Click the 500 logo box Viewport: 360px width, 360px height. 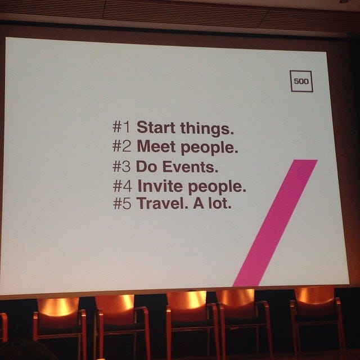click(x=301, y=81)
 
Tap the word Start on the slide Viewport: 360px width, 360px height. click(x=156, y=127)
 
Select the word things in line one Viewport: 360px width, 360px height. click(x=207, y=128)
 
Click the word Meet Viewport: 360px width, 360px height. click(x=156, y=146)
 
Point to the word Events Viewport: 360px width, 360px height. click(x=191, y=166)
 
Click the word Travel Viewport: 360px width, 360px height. click(x=162, y=203)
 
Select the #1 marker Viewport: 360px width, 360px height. click(x=121, y=127)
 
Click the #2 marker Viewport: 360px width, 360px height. click(x=121, y=146)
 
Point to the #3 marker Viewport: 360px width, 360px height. click(x=121, y=166)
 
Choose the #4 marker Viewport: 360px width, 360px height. click(x=123, y=186)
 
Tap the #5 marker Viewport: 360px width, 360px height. click(x=122, y=203)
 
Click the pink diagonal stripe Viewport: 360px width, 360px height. click(x=275, y=223)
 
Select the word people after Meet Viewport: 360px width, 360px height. click(x=209, y=147)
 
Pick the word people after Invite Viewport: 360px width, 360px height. click(x=217, y=187)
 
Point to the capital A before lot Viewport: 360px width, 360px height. click(x=199, y=203)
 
